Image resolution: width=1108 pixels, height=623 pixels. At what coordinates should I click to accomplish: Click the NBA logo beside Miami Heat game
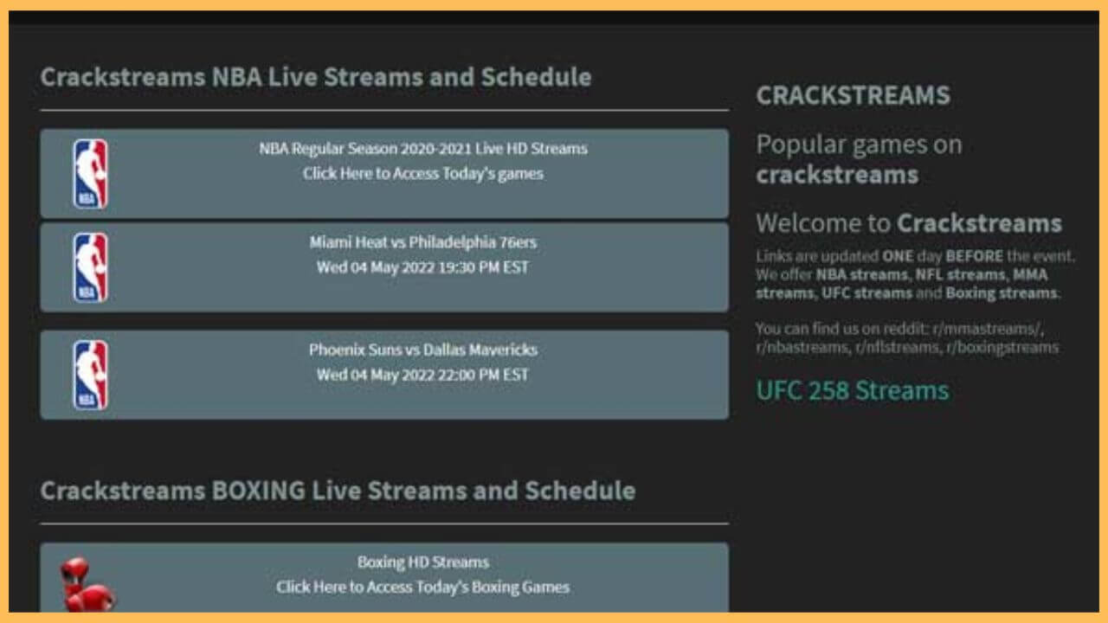[91, 267]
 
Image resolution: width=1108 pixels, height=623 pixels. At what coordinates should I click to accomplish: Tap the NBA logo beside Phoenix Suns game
[91, 375]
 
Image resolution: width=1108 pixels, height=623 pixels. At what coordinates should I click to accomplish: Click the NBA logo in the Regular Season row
[91, 174]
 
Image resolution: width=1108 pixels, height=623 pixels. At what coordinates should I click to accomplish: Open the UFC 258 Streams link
[853, 390]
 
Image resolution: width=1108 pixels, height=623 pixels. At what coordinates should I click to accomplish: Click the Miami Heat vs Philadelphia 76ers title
[423, 242]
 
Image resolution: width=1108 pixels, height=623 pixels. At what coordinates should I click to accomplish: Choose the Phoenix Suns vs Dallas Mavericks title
[423, 350]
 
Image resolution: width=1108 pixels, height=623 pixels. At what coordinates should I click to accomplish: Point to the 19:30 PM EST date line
[422, 267]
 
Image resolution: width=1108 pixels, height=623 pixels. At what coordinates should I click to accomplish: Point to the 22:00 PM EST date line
[422, 375]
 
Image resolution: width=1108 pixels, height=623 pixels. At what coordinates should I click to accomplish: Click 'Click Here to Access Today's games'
[423, 174]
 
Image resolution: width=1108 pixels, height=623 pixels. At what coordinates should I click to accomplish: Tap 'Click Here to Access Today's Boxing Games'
[423, 588]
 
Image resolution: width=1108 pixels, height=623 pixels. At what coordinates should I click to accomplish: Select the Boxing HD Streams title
[423, 562]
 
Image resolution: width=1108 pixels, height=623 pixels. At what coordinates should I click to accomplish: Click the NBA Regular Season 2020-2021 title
[423, 149]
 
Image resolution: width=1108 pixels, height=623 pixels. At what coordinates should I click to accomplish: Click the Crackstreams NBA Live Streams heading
[316, 77]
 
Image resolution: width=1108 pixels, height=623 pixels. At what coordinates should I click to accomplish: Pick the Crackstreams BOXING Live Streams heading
[338, 491]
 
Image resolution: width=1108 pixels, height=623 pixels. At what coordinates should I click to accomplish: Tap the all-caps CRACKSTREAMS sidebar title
[853, 95]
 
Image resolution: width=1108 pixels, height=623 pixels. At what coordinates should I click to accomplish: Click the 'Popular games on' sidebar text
[859, 145]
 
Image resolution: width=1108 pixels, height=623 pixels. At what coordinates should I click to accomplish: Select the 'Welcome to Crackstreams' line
[908, 223]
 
